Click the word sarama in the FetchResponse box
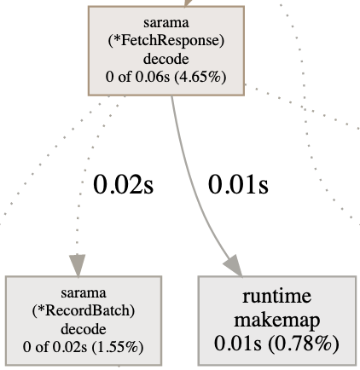tap(166, 23)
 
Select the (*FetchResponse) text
tap(166, 41)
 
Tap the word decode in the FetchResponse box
tap(166, 59)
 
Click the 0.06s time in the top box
tap(153, 77)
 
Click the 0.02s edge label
tap(123, 185)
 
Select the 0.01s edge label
tap(238, 185)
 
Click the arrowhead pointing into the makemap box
tap(234, 266)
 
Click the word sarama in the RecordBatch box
tap(84, 293)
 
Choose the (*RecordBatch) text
tap(84, 310)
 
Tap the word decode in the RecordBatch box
tap(84, 329)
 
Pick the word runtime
tap(277, 296)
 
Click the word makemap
tap(277, 320)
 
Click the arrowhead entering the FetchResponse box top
tap(188, 3)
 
